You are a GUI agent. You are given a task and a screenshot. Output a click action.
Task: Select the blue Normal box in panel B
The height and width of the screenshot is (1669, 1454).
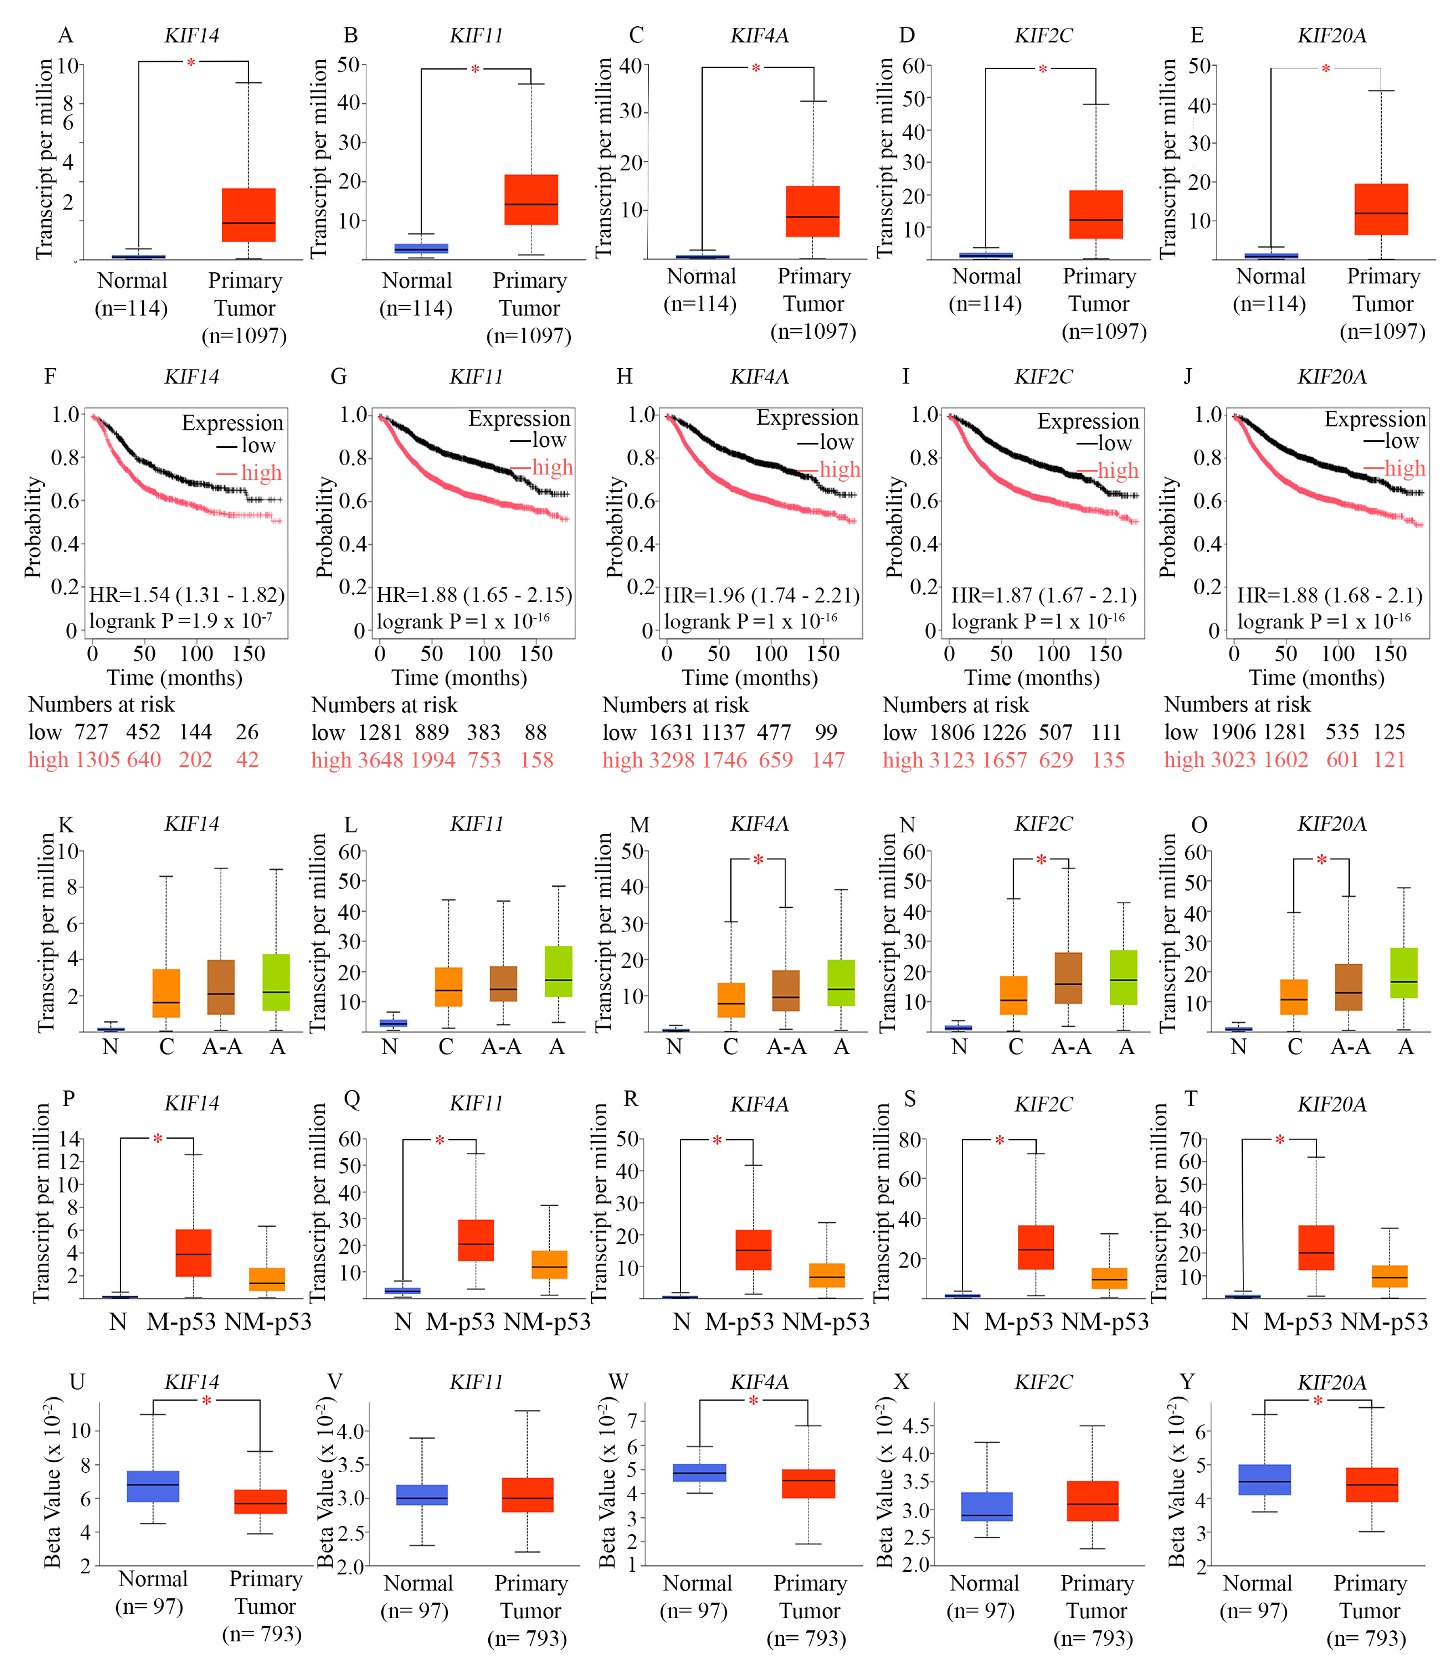point(421,248)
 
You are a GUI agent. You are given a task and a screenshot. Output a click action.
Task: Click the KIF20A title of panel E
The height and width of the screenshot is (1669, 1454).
point(1331,36)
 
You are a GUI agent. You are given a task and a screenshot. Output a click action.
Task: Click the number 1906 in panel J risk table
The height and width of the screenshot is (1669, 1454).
point(1238,732)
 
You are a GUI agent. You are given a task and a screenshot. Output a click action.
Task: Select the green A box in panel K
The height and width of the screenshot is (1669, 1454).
point(276,982)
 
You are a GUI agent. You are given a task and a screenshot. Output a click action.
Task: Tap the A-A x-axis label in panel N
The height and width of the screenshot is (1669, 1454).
point(1071,1047)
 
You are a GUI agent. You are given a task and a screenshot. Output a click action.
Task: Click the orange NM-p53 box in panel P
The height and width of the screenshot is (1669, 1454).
point(267,1279)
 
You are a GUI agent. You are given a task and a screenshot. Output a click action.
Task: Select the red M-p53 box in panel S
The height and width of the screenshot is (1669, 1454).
point(1035,1247)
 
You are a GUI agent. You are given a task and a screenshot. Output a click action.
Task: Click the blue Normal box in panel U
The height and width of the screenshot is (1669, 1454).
point(153,1486)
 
